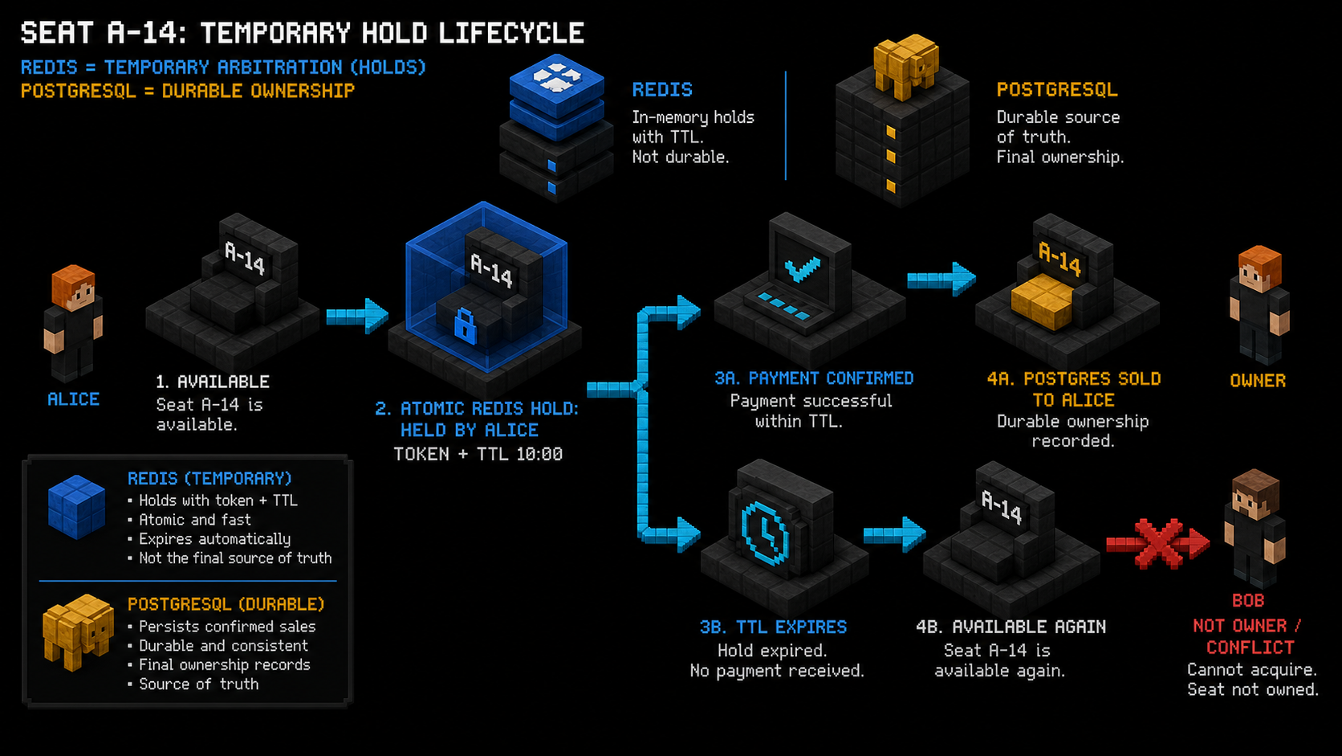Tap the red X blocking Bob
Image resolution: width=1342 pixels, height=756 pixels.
1158,543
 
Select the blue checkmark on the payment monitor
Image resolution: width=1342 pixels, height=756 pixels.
802,268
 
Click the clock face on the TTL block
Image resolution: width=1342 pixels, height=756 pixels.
764,533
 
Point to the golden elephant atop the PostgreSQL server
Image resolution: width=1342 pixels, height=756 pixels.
905,67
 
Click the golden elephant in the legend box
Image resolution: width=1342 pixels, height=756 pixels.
78,632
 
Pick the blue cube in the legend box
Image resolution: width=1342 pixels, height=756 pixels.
77,507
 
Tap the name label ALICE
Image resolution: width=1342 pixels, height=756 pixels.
73,399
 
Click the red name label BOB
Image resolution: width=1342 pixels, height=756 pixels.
1248,601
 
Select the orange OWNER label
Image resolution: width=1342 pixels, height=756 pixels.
1258,381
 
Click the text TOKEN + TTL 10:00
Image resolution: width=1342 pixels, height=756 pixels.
478,455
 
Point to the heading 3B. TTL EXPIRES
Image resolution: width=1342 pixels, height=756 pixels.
773,627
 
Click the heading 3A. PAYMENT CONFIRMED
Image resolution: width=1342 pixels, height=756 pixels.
814,378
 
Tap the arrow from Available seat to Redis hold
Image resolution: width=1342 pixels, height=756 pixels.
358,316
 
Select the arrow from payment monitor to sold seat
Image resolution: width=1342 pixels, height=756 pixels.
941,279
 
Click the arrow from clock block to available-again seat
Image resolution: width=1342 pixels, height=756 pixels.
895,533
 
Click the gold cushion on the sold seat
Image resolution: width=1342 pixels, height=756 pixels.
1042,301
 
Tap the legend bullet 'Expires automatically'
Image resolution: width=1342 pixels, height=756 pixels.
214,539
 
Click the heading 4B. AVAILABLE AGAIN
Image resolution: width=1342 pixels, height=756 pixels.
1011,627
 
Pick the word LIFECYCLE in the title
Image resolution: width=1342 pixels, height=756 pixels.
511,33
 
